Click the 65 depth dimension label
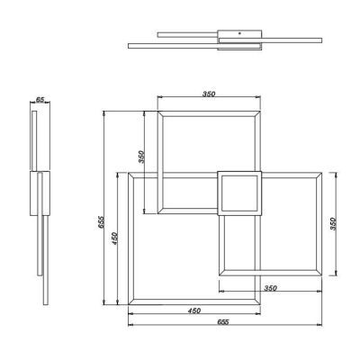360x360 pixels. [40, 100]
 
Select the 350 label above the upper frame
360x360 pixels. [209, 94]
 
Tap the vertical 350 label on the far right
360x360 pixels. [334, 223]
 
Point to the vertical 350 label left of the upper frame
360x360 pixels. [141, 157]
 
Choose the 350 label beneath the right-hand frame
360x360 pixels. [270, 288]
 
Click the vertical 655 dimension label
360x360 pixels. [101, 222]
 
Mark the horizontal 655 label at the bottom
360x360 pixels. [223, 322]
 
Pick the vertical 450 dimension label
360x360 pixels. [114, 238]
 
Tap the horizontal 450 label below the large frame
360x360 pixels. [194, 311]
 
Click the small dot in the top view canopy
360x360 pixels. [239, 33]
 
